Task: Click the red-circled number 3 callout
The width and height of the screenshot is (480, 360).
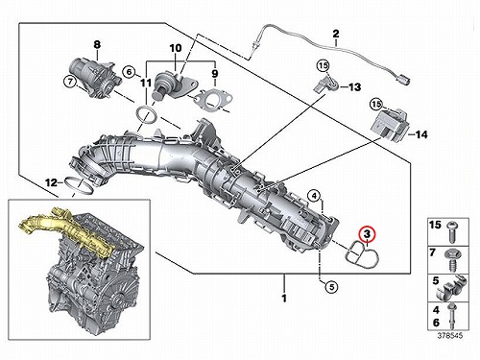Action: pyautogui.click(x=368, y=234)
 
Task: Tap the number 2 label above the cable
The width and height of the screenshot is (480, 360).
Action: pyautogui.click(x=336, y=34)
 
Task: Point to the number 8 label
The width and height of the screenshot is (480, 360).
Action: pyautogui.click(x=97, y=44)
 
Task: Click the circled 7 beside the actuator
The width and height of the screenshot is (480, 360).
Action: pyautogui.click(x=70, y=82)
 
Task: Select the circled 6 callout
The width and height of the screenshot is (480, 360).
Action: pyautogui.click(x=129, y=72)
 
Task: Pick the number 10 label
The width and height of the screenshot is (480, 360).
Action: pyautogui.click(x=176, y=48)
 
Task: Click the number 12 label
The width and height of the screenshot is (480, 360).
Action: pyautogui.click(x=51, y=183)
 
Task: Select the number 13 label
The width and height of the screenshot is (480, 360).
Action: pyautogui.click(x=354, y=87)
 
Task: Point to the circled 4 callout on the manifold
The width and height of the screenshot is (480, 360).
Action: pyautogui.click(x=315, y=195)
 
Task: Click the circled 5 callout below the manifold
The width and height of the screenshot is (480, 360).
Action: pyautogui.click(x=331, y=287)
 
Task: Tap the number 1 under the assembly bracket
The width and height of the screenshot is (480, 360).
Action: pyautogui.click(x=284, y=299)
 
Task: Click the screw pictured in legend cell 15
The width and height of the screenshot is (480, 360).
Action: pyautogui.click(x=452, y=231)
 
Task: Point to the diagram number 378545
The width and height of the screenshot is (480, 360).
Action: pyautogui.click(x=450, y=336)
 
